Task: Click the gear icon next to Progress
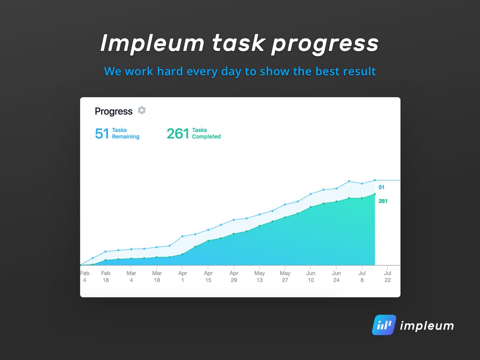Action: point(142,110)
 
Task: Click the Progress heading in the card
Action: point(114,111)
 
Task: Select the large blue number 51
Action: point(102,134)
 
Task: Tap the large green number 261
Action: point(178,134)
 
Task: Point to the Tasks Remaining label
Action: point(126,133)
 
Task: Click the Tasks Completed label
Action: point(206,133)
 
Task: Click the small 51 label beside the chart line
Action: point(382,187)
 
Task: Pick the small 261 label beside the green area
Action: point(383,201)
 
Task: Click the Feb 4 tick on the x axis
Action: point(85,276)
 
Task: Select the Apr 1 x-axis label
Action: point(182,276)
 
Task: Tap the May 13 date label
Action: point(260,276)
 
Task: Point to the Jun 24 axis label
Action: point(336,276)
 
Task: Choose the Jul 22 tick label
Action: point(388,276)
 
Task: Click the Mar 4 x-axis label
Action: point(131,276)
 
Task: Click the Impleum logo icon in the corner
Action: point(384,325)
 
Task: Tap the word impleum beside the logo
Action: point(427,326)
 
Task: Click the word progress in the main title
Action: point(324,44)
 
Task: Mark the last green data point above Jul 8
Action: point(375,194)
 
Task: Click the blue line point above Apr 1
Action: point(182,236)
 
